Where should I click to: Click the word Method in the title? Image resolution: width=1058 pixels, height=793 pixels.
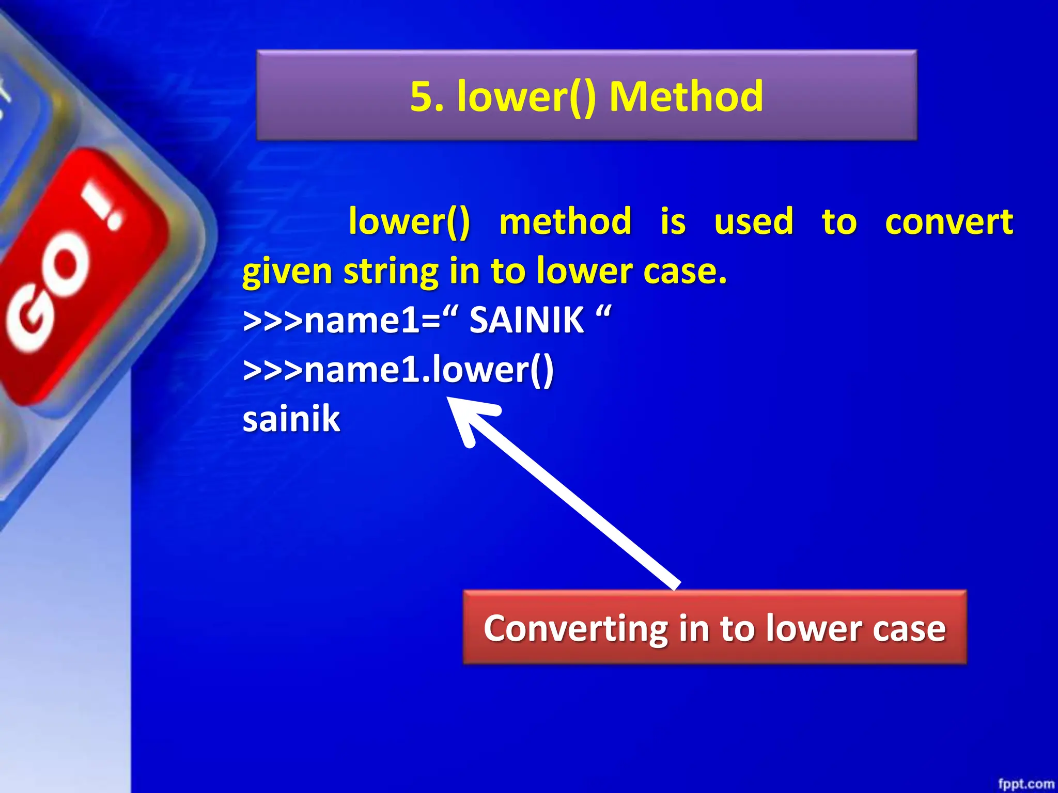click(686, 97)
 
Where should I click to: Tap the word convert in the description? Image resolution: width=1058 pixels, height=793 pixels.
click(948, 223)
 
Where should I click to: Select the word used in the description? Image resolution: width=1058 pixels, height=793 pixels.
click(753, 223)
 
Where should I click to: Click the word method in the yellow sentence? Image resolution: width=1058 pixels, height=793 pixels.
click(565, 223)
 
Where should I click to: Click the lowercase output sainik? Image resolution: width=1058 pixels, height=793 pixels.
click(291, 419)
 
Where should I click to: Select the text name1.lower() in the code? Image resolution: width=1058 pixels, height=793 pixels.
click(429, 370)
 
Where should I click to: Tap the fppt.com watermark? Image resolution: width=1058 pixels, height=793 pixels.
click(1025, 784)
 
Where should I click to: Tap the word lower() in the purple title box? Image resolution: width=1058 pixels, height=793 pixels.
click(527, 97)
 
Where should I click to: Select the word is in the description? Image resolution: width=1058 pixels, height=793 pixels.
click(673, 223)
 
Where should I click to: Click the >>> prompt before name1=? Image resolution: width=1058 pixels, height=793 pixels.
click(272, 321)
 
